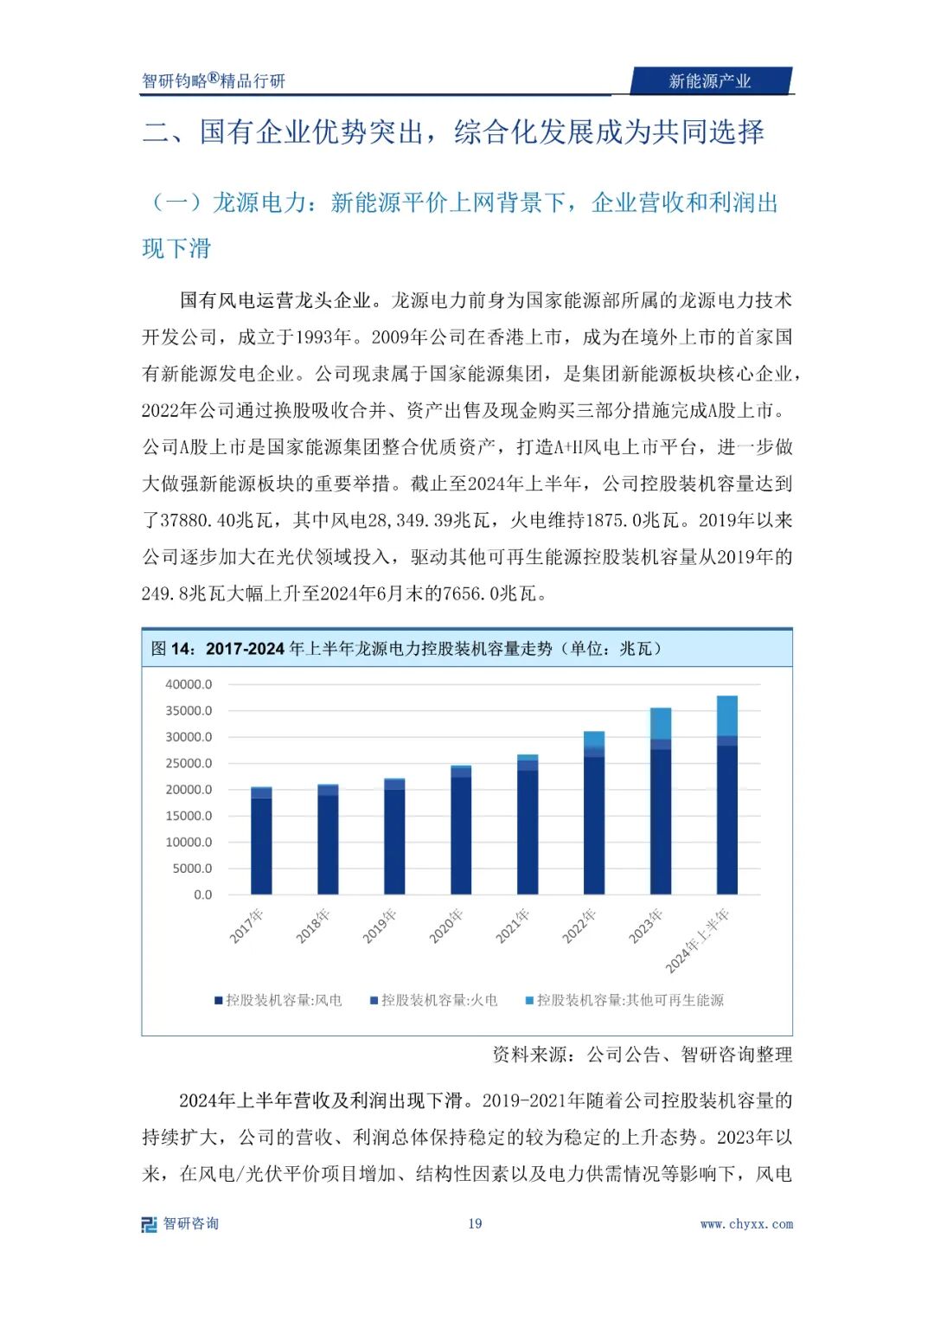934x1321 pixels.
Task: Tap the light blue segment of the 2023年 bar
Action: coord(661,723)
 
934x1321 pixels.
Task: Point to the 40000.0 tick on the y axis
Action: coord(189,684)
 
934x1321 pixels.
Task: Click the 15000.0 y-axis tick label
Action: coord(189,816)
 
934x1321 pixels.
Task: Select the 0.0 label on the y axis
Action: coord(202,895)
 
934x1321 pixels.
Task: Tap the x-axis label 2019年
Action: coord(380,926)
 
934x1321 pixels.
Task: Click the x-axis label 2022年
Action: coord(579,926)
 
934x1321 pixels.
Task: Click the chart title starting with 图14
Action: coord(406,649)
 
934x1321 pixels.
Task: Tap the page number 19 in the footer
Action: coord(475,1223)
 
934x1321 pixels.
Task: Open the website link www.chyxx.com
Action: coord(746,1224)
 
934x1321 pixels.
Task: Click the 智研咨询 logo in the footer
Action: coord(181,1223)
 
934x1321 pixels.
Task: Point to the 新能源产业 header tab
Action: coord(709,81)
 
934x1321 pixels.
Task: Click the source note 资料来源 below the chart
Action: coord(642,1054)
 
